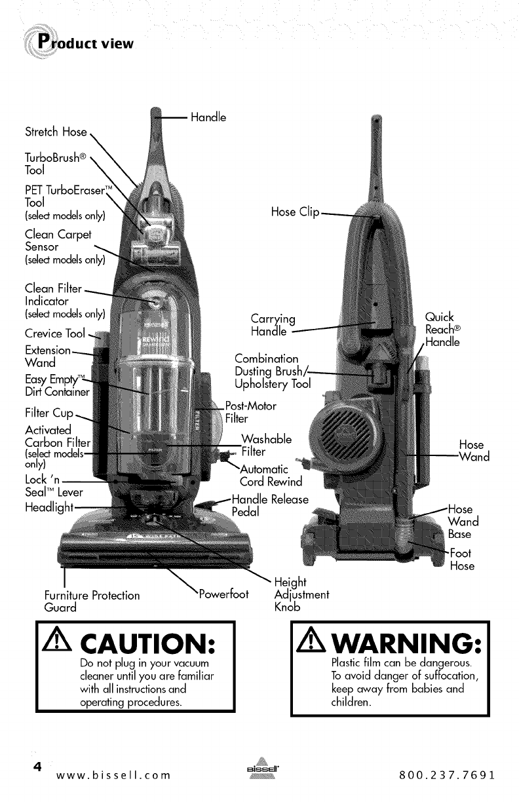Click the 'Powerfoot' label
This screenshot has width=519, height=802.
(223, 594)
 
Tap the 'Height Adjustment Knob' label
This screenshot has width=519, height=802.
(301, 595)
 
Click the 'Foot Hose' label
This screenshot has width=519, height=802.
(461, 559)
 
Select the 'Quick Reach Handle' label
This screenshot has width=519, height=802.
(442, 329)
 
